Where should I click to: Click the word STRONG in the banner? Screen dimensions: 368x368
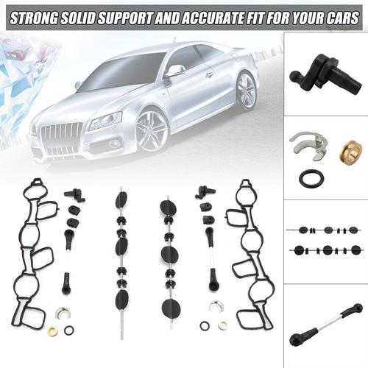tap(34, 18)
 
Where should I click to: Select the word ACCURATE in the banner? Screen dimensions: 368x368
tap(209, 18)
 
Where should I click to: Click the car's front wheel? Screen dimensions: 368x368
tap(153, 131)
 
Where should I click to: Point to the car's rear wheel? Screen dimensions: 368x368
tap(247, 91)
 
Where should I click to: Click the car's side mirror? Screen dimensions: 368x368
tap(175, 70)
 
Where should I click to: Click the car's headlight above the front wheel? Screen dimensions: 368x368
tap(106, 121)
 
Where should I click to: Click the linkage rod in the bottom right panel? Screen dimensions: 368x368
tap(326, 325)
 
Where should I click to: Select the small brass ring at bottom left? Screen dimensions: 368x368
tap(52, 331)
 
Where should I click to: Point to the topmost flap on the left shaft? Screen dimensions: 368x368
tap(121, 199)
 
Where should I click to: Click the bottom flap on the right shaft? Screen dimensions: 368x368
tap(171, 309)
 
